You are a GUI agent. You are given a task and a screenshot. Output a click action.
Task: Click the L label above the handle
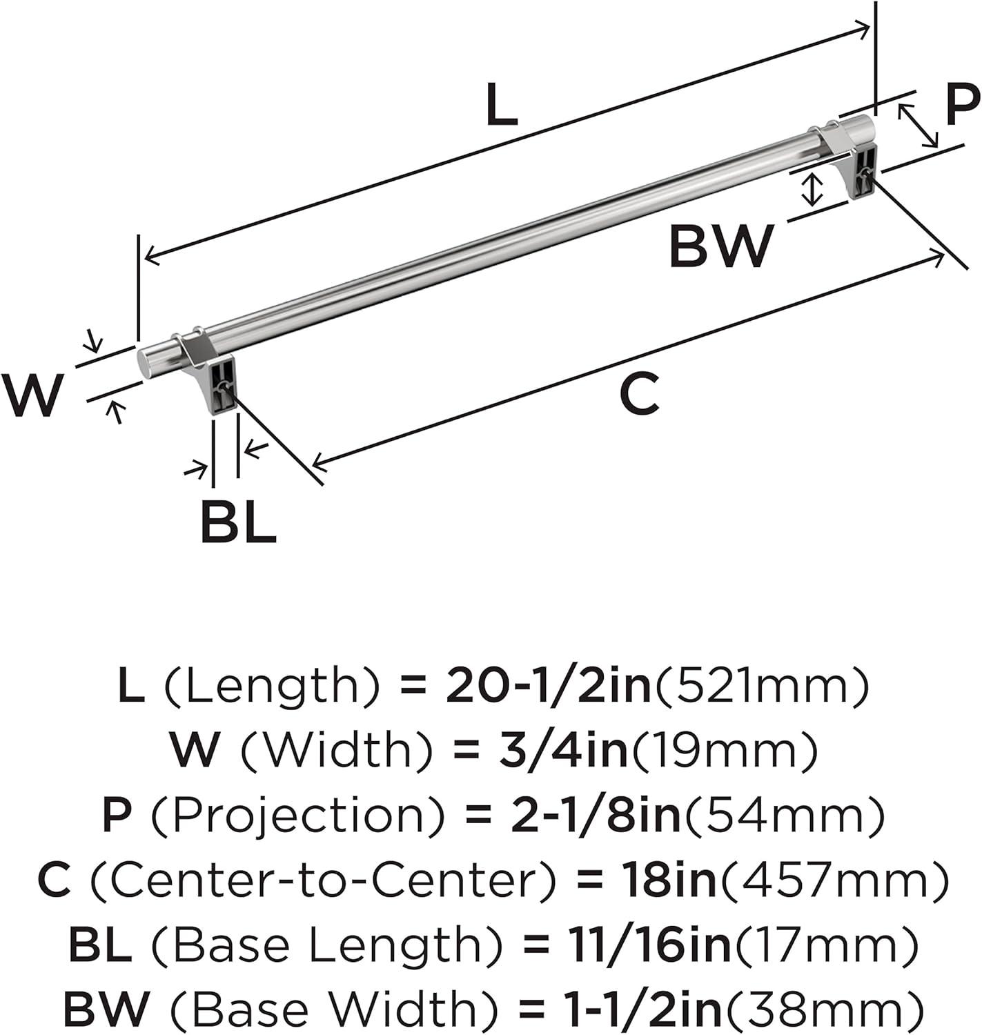tap(501, 106)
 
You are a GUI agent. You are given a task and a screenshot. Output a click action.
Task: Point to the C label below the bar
tap(639, 395)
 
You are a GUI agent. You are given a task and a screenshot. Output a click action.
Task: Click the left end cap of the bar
tap(147, 360)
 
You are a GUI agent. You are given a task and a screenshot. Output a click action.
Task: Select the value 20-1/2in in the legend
tap(549, 687)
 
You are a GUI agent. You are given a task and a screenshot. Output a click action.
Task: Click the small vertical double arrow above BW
tap(814, 189)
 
